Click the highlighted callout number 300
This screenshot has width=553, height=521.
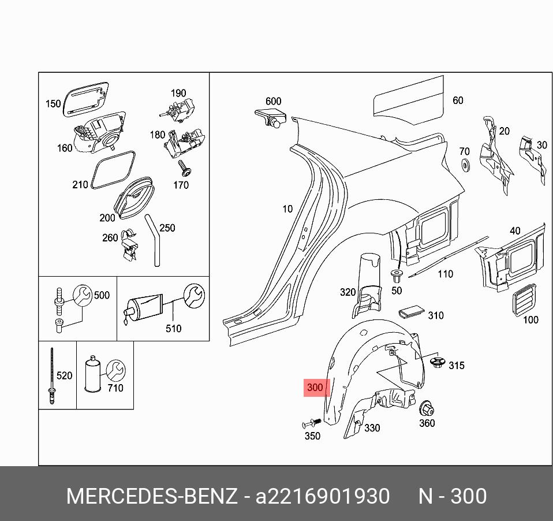315,388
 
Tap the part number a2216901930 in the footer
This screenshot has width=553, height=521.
323,496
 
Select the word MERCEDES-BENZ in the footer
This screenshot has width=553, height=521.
151,496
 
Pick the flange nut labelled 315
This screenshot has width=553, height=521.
437,363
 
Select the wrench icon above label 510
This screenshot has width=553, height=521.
193,296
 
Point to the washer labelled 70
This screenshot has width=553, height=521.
465,166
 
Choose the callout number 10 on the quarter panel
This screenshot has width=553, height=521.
287,209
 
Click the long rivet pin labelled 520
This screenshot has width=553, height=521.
51,375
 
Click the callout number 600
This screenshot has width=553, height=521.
273,102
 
